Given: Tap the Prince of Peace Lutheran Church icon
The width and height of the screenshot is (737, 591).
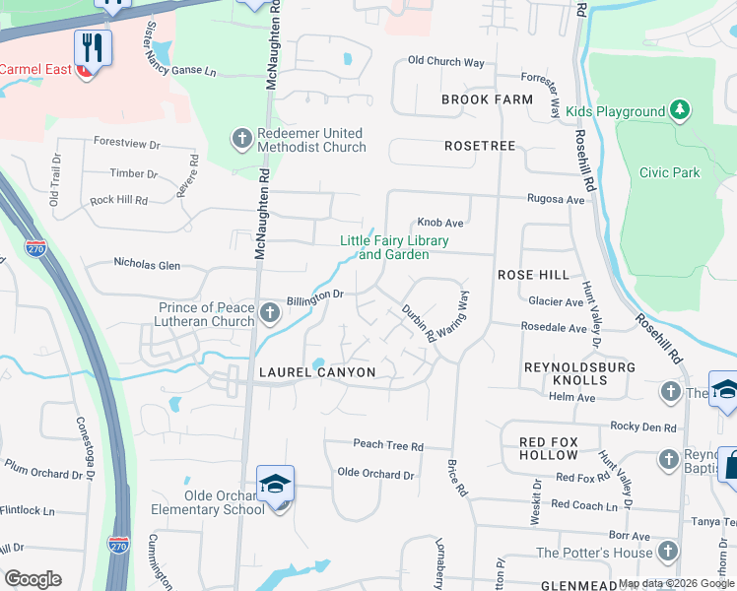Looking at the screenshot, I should coord(270,314).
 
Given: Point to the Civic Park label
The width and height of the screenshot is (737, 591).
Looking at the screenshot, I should coord(669,172).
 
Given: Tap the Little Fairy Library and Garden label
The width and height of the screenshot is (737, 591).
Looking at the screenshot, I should coord(394,248).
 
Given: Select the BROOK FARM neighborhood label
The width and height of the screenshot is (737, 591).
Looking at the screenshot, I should coord(487,99).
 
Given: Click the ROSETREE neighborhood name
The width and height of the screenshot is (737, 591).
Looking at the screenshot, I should coord(480,145).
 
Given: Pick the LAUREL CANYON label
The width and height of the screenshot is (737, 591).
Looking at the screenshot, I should coord(316,372).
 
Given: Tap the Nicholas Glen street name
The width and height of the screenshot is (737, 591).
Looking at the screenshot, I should coord(147,265).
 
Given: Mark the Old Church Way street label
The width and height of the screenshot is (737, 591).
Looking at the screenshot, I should coord(445,62).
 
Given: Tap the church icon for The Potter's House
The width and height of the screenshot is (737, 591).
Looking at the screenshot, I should coord(668,551).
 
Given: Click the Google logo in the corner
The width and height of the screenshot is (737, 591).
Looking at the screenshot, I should coord(33,579).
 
